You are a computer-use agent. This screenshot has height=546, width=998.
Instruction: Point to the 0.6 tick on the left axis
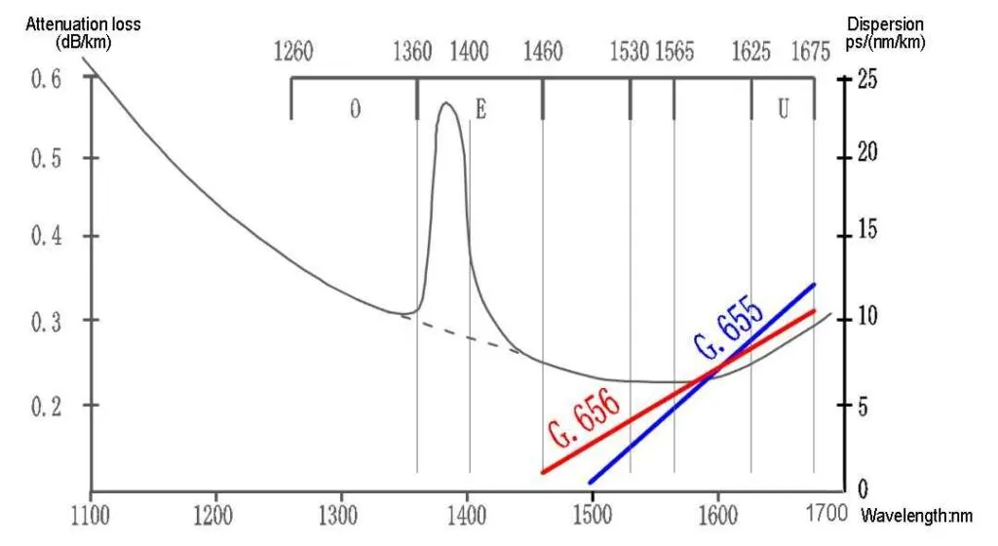46,79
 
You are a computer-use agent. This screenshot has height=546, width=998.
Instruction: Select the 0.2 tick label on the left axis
46,405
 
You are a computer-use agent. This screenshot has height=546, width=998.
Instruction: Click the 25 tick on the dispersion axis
865,79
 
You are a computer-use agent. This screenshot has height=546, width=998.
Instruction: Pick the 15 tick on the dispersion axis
865,231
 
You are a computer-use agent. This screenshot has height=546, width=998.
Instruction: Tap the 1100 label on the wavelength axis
90,511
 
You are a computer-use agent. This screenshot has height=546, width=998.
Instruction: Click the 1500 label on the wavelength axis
592,511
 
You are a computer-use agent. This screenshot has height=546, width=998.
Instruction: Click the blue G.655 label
729,333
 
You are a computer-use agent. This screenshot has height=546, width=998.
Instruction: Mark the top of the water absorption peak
446,103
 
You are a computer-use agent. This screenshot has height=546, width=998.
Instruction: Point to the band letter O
355,109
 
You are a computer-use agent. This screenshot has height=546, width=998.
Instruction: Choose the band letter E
480,109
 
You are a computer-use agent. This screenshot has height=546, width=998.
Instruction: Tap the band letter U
783,109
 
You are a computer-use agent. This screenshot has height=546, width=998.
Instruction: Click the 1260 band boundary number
292,52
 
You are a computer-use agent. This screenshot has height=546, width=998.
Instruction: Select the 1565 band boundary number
674,52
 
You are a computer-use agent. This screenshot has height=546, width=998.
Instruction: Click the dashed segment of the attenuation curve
463,334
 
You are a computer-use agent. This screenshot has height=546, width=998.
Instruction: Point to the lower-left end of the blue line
591,482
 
